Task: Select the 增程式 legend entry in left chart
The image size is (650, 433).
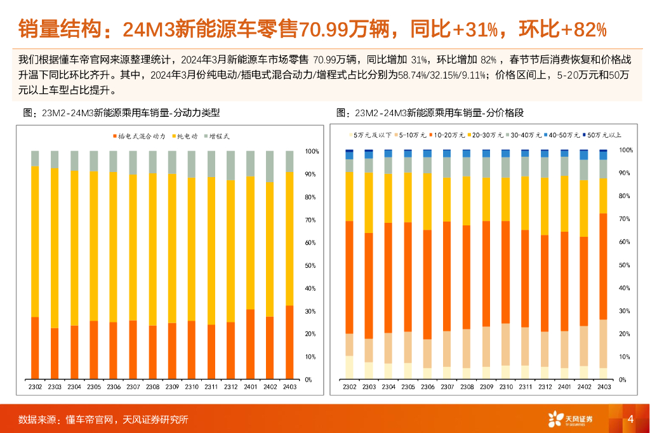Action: click(219, 137)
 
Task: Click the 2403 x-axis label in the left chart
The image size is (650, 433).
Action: click(289, 387)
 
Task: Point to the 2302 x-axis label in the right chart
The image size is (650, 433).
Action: click(349, 387)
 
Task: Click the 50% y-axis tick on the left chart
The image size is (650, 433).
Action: click(312, 266)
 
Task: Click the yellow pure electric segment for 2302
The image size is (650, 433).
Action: click(35, 241)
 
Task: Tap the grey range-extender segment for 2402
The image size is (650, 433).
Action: click(270, 166)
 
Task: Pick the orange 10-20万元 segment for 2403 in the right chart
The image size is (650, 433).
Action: click(603, 267)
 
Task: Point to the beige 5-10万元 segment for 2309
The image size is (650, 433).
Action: click(486, 347)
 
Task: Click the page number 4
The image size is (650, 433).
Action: click(630, 419)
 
